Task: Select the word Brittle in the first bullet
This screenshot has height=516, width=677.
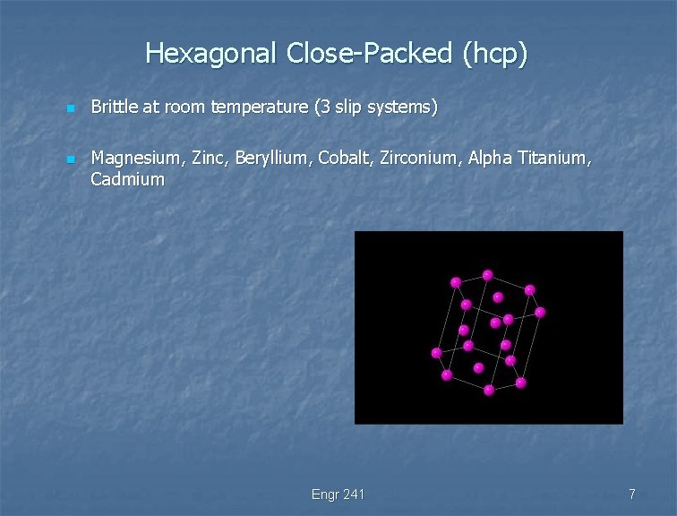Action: (x=114, y=107)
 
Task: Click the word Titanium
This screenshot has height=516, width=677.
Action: (x=555, y=159)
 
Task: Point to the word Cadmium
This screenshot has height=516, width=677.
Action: (x=128, y=179)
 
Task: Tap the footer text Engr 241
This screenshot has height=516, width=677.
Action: (x=338, y=494)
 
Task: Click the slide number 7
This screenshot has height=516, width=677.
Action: (x=632, y=494)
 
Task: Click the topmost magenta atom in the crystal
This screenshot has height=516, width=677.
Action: (x=487, y=275)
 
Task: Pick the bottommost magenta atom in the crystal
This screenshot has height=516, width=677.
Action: (x=489, y=390)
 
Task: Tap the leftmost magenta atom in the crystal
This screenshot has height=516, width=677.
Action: (x=436, y=352)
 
